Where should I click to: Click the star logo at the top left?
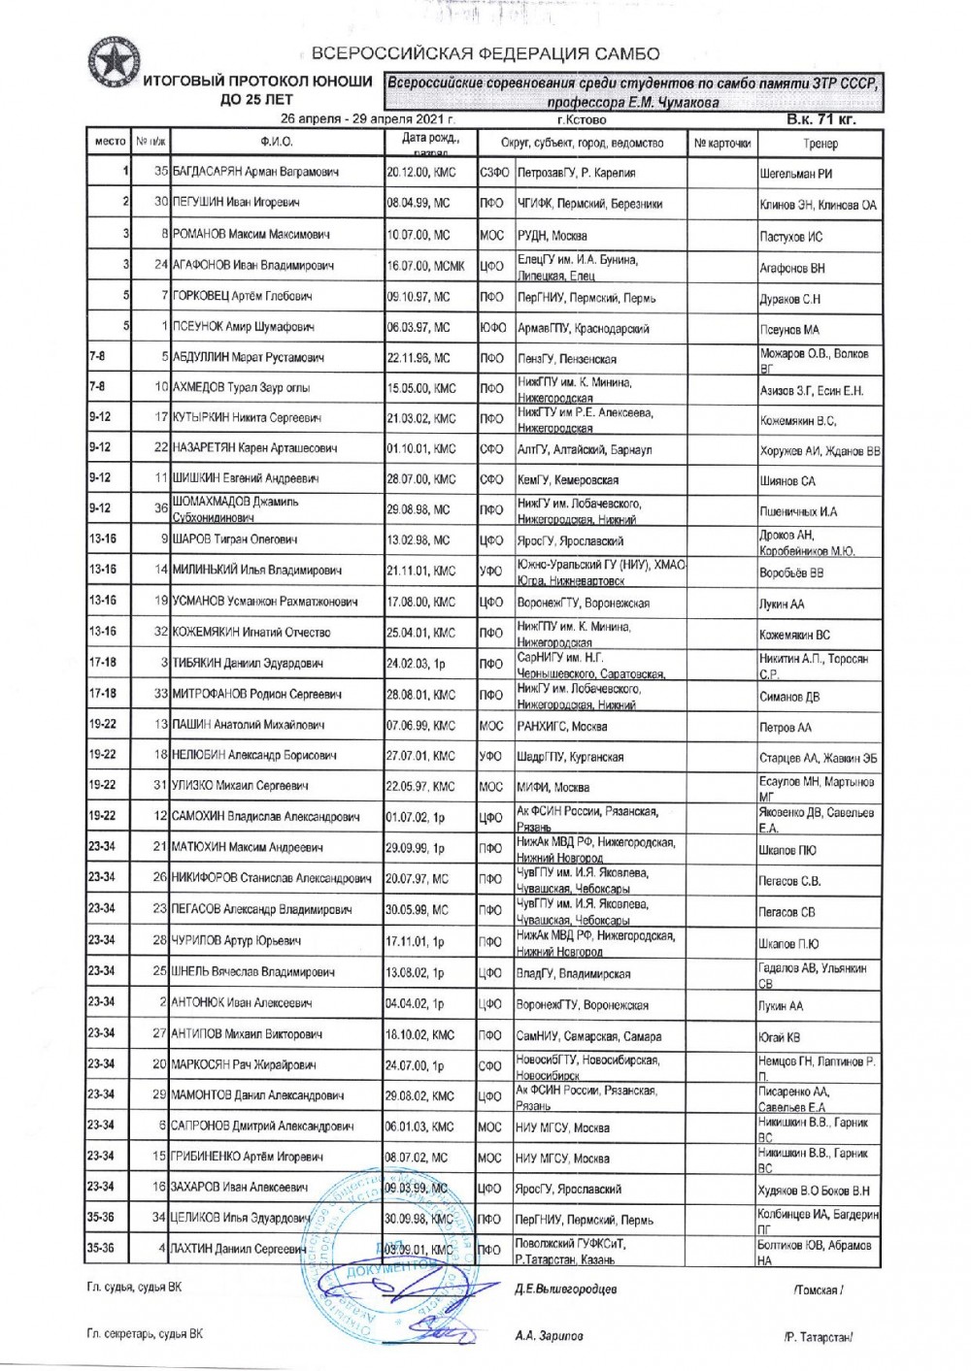click(112, 64)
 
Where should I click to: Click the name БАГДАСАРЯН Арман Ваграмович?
click(255, 173)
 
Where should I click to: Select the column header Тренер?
click(820, 144)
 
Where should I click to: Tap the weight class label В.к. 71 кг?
click(821, 120)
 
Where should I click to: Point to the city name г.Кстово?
click(583, 120)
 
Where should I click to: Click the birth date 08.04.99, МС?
click(419, 203)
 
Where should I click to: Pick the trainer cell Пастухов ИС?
click(791, 237)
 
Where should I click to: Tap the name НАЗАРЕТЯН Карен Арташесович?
click(254, 448)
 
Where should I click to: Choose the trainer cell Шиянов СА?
click(787, 481)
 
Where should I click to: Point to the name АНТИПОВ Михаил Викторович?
click(248, 1034)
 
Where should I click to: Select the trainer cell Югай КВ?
click(780, 1037)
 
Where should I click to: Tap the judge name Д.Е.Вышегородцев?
click(565, 1289)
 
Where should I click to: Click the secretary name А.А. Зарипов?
click(550, 1335)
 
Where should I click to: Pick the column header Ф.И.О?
click(277, 144)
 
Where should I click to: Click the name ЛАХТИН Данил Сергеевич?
click(239, 1250)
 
